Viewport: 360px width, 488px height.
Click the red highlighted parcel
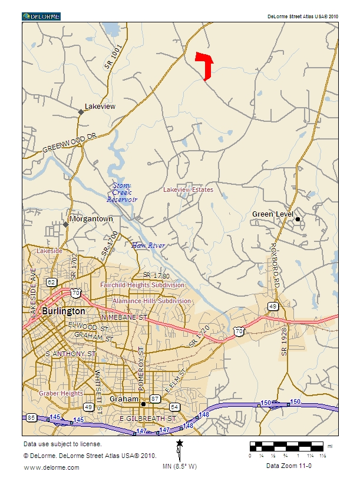click(x=206, y=64)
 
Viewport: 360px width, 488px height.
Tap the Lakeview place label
click(x=100, y=107)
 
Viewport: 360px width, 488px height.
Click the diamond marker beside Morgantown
click(x=65, y=224)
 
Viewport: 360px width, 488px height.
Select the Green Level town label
click(x=272, y=214)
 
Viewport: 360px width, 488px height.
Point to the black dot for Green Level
click(x=298, y=219)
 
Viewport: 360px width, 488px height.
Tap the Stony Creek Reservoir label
click(x=122, y=192)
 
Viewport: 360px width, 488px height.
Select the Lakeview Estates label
click(x=188, y=190)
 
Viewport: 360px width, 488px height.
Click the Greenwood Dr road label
click(x=69, y=144)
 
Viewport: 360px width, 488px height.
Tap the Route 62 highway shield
click(x=52, y=282)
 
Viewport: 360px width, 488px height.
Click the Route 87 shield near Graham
click(x=155, y=399)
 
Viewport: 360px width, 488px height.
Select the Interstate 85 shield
click(x=31, y=418)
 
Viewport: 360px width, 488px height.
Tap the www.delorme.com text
click(x=51, y=467)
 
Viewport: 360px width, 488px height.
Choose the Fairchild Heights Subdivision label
click(x=142, y=285)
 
